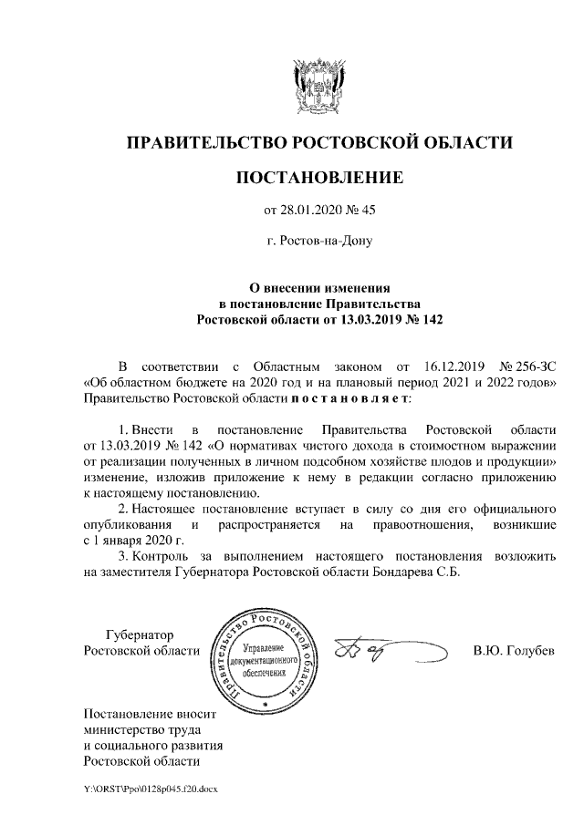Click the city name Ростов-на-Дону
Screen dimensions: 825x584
[319, 242]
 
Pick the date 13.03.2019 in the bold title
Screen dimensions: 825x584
[366, 318]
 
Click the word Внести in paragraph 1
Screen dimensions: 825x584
[149, 428]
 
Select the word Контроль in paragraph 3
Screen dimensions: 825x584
[163, 555]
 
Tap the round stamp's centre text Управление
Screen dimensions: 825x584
[263, 645]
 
